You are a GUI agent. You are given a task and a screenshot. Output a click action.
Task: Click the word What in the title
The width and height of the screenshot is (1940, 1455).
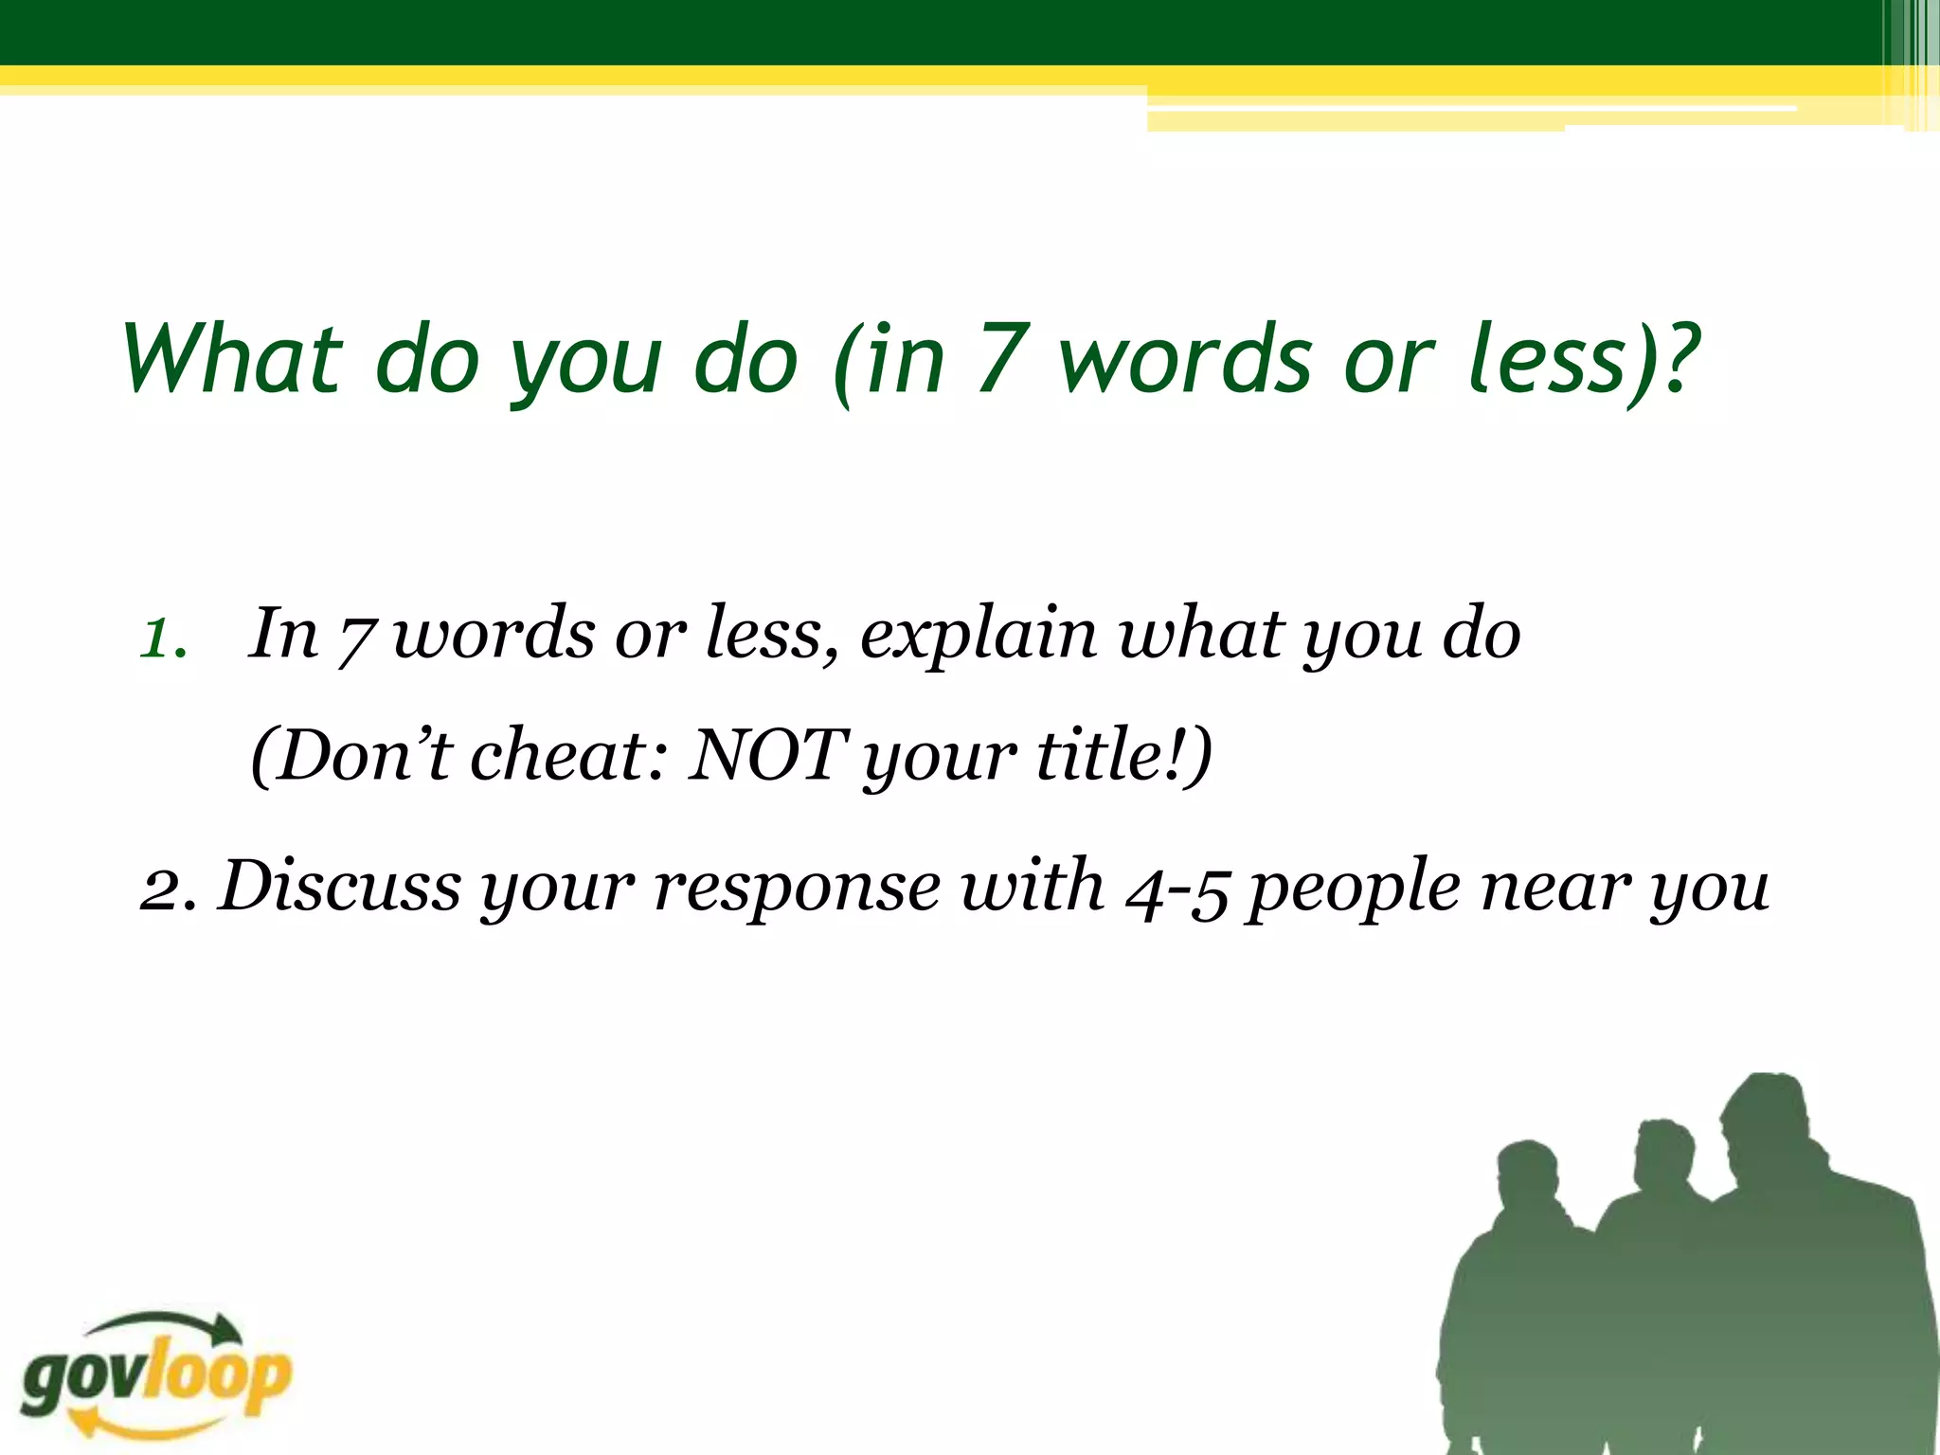tap(232, 359)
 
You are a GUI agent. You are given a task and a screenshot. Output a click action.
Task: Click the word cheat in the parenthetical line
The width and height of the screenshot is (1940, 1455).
tap(557, 755)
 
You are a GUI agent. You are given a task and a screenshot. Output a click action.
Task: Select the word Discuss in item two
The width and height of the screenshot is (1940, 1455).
tap(339, 886)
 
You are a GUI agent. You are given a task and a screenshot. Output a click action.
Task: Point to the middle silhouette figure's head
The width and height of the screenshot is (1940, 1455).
tap(1664, 1156)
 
